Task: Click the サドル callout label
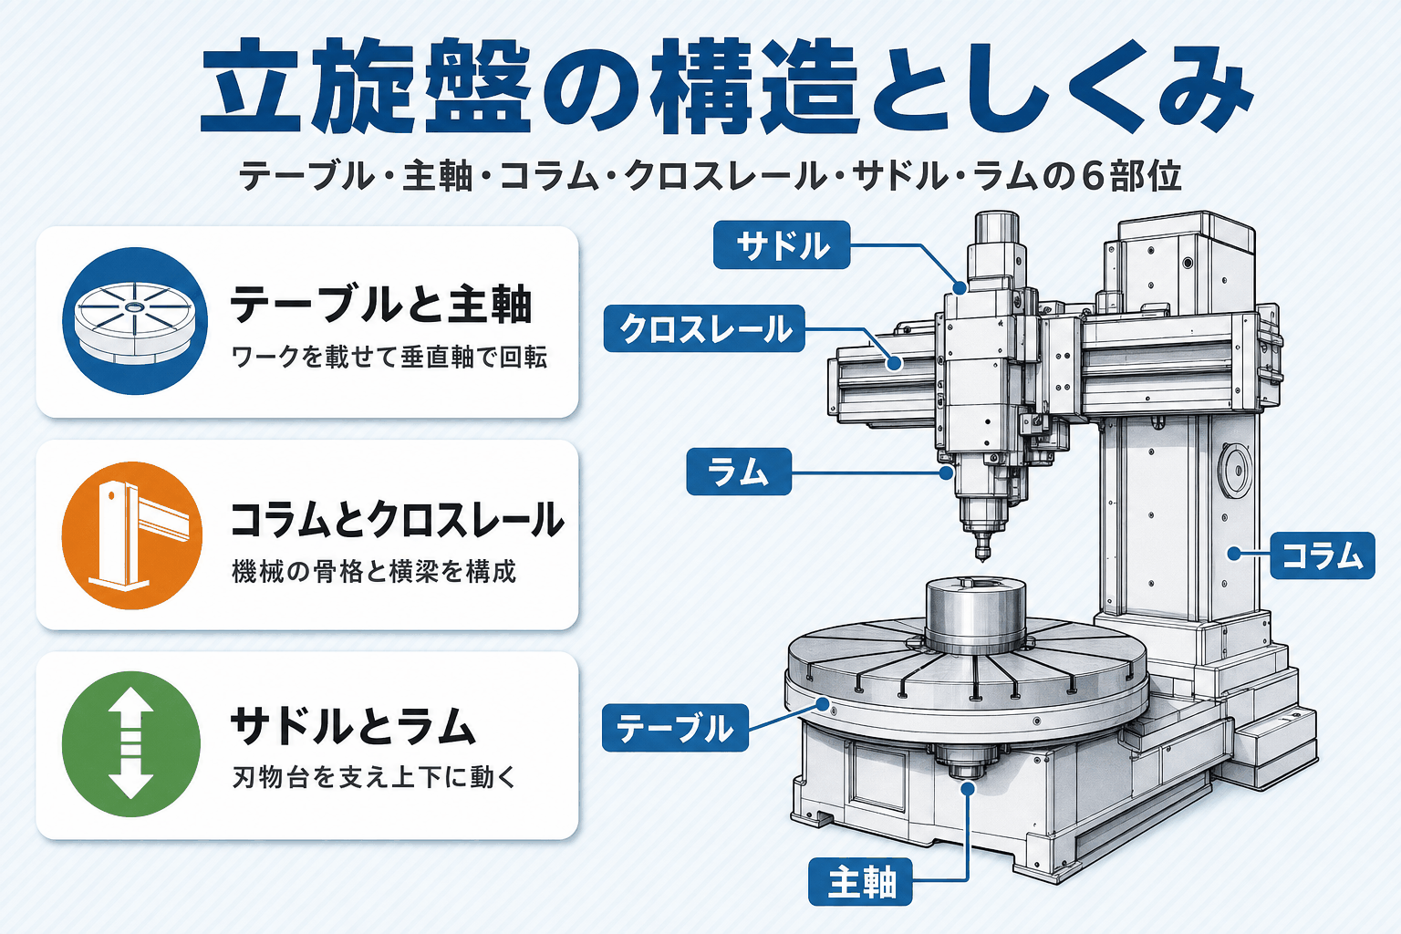782,245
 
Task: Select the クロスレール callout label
704,328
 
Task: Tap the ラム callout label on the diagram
739,472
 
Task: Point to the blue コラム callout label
1323,555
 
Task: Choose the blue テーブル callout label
675,728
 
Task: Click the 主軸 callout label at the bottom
861,881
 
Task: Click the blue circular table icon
134,321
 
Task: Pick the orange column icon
132,535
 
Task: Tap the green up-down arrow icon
131,743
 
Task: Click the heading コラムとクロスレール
397,519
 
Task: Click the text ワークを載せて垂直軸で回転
389,357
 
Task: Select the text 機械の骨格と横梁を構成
373,571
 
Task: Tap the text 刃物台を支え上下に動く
373,777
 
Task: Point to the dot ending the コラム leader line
1233,554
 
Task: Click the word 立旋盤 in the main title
365,85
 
